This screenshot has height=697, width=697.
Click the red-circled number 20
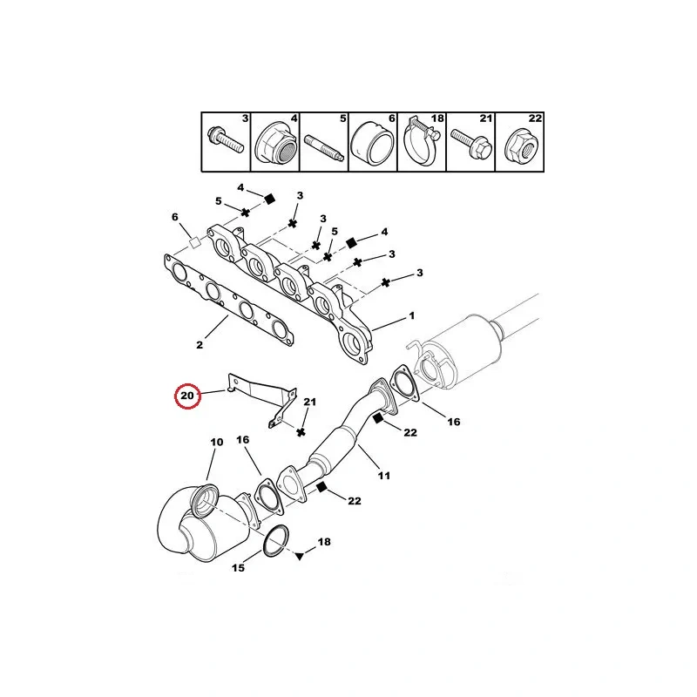(187, 396)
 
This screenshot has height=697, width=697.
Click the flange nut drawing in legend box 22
(521, 145)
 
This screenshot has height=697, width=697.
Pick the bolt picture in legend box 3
(226, 139)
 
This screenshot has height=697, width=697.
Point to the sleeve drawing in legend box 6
(373, 143)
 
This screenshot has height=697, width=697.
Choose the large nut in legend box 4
(276, 143)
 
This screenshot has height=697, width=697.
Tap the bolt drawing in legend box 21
(470, 142)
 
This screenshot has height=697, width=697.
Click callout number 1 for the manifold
(412, 315)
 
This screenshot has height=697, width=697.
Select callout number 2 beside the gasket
(200, 344)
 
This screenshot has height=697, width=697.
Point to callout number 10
(216, 443)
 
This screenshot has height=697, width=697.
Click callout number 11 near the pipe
(384, 476)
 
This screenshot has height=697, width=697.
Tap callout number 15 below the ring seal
(238, 568)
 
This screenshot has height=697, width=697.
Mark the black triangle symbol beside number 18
(300, 556)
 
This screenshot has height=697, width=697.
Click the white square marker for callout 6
(194, 243)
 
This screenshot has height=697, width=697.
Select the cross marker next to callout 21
(301, 431)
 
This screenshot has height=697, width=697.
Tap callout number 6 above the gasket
(175, 217)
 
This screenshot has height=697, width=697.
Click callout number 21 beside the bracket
(310, 402)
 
